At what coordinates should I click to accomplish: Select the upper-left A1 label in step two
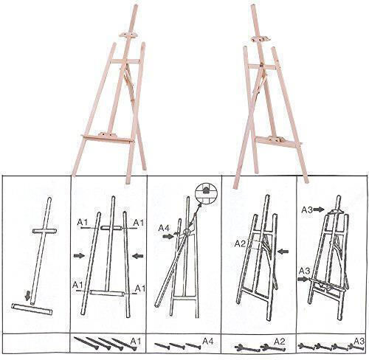click(83, 222)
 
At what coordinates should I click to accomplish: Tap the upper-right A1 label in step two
click(138, 223)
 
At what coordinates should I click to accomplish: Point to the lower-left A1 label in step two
click(77, 285)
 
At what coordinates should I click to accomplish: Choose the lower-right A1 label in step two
click(140, 288)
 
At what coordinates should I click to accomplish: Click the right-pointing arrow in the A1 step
click(79, 256)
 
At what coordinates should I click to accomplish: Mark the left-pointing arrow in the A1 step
click(138, 256)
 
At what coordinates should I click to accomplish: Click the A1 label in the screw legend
click(136, 341)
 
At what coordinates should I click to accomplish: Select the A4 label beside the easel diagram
click(164, 228)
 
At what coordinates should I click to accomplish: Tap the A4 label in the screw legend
click(207, 341)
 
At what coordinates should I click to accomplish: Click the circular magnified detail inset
click(207, 193)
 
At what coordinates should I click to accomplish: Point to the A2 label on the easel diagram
click(240, 243)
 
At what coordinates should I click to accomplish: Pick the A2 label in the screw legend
click(280, 342)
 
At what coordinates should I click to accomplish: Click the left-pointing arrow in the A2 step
click(283, 252)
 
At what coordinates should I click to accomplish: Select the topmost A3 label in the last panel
click(307, 210)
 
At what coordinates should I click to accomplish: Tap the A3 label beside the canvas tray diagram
click(305, 271)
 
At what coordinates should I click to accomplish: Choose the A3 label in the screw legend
click(359, 341)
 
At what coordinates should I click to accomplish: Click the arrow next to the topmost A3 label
click(320, 210)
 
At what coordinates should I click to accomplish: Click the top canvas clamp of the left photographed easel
click(130, 35)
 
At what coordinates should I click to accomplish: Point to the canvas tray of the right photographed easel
click(278, 142)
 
